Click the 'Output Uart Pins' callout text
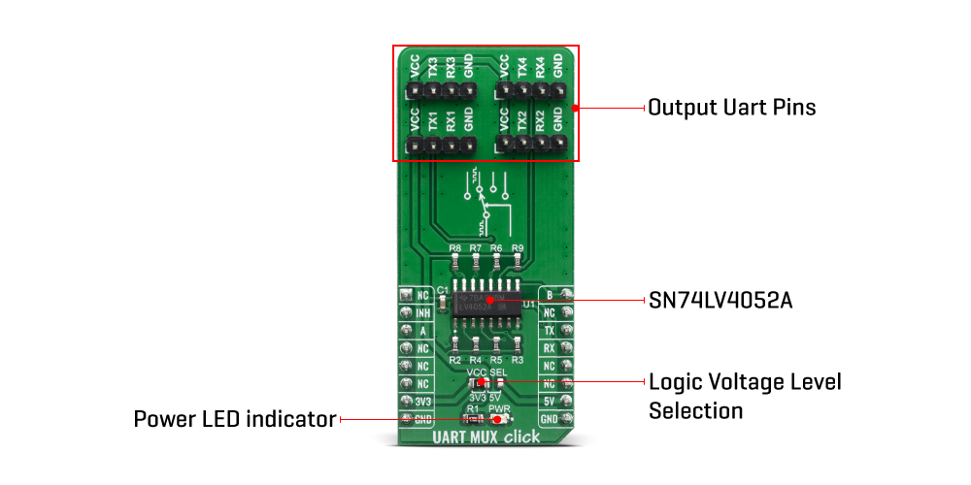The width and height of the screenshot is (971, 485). click(732, 107)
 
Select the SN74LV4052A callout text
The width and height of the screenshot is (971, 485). click(720, 301)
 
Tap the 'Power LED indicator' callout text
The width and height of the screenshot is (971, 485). click(234, 419)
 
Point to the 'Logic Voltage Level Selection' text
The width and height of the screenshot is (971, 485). click(745, 396)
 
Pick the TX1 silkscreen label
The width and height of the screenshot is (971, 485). click(432, 122)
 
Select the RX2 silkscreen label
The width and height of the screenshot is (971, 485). click(540, 122)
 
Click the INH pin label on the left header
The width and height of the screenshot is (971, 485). click(422, 312)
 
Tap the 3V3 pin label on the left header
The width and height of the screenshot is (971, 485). click(422, 401)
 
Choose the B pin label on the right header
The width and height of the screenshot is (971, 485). click(550, 294)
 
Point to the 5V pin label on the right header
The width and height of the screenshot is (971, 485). click(550, 401)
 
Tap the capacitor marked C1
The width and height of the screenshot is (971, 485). click(444, 304)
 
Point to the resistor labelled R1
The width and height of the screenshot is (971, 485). click(474, 419)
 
